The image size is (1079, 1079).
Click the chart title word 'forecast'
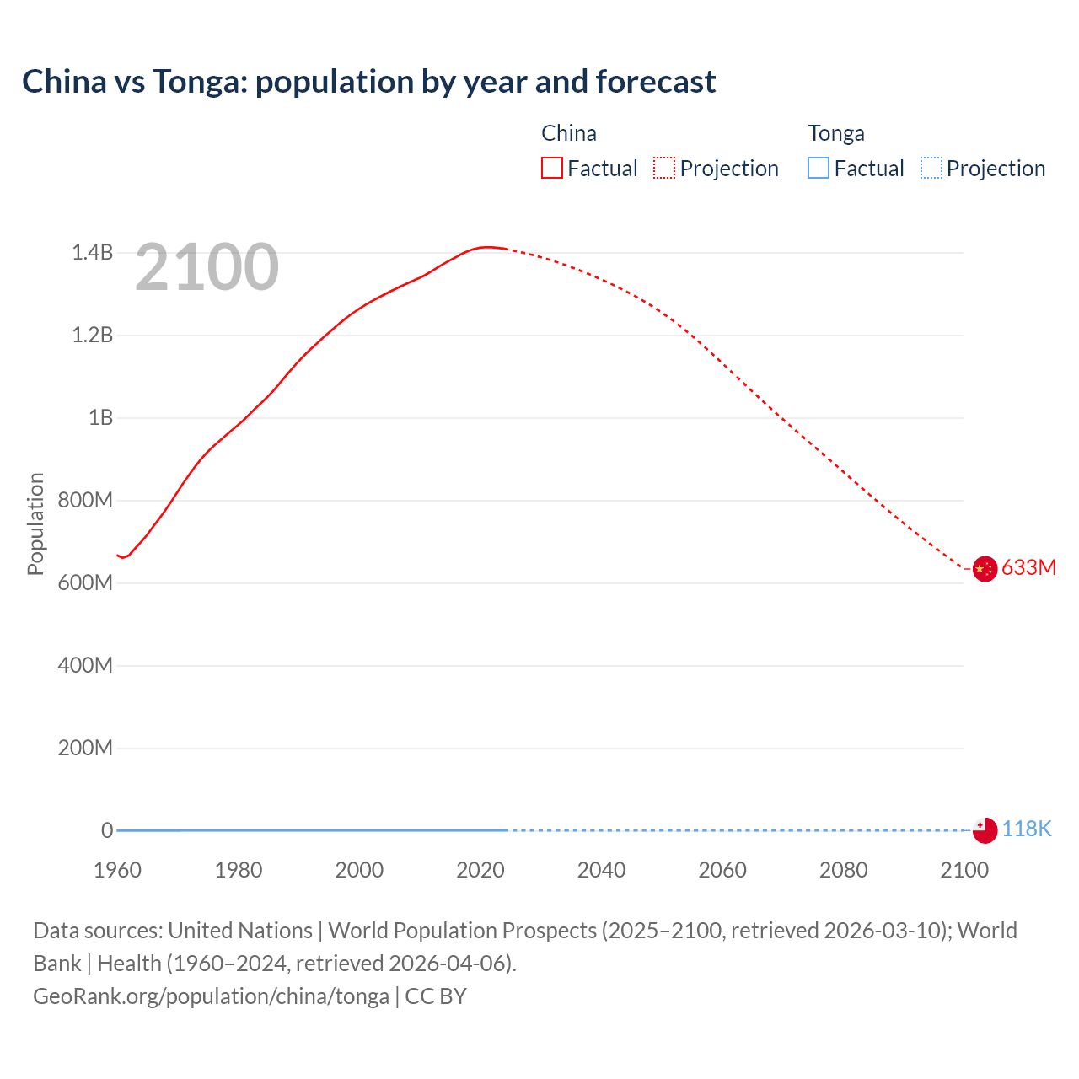(x=655, y=82)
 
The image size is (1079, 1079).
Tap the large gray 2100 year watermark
(x=207, y=267)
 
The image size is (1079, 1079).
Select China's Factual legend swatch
(x=551, y=168)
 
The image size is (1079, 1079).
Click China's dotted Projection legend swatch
(x=664, y=168)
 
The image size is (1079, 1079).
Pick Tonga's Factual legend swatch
(x=818, y=168)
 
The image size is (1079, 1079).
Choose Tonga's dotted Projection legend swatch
(x=931, y=168)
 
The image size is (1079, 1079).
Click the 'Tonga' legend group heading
(x=835, y=133)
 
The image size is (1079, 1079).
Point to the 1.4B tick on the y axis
(x=92, y=253)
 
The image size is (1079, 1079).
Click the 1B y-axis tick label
(x=100, y=418)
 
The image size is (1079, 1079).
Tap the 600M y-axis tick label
(x=85, y=583)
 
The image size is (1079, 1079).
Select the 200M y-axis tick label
(x=85, y=749)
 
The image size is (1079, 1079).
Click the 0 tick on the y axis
(x=107, y=830)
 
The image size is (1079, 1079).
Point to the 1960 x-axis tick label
(x=117, y=870)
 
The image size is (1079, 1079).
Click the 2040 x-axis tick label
(x=601, y=870)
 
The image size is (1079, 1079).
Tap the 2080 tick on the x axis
(x=843, y=870)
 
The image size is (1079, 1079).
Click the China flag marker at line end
(x=985, y=569)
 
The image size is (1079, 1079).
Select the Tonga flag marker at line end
(x=985, y=830)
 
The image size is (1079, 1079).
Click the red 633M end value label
(x=1028, y=567)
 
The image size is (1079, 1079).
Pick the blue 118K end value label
(x=1027, y=829)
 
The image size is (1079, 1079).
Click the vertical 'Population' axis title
(x=35, y=523)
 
